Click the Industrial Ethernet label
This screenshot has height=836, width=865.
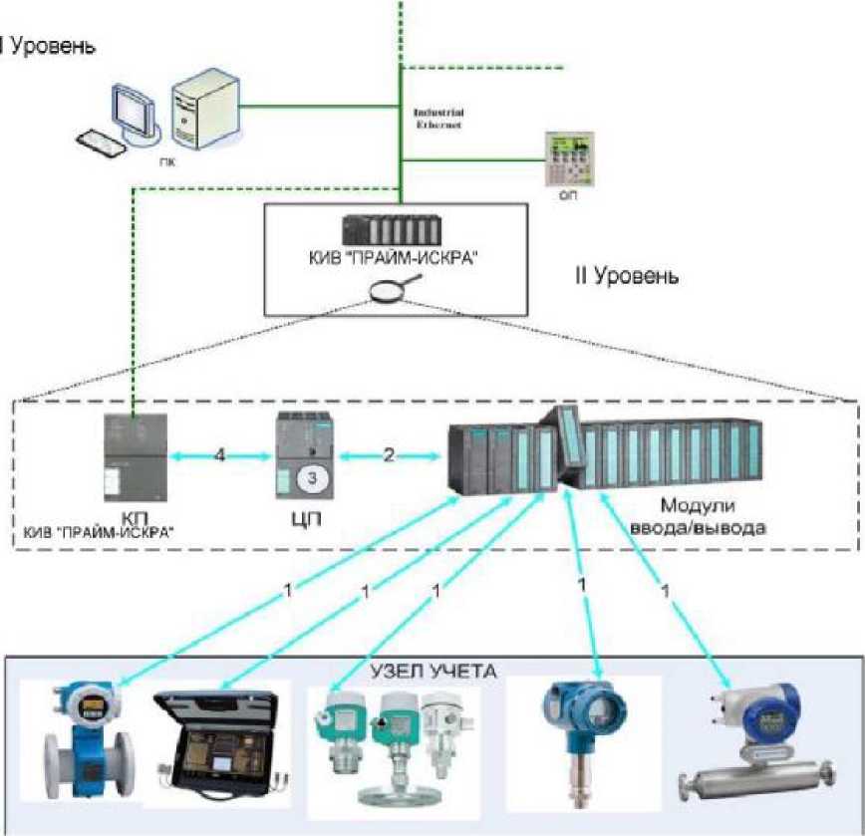[x=438, y=119]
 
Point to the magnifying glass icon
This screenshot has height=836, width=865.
[x=380, y=290]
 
